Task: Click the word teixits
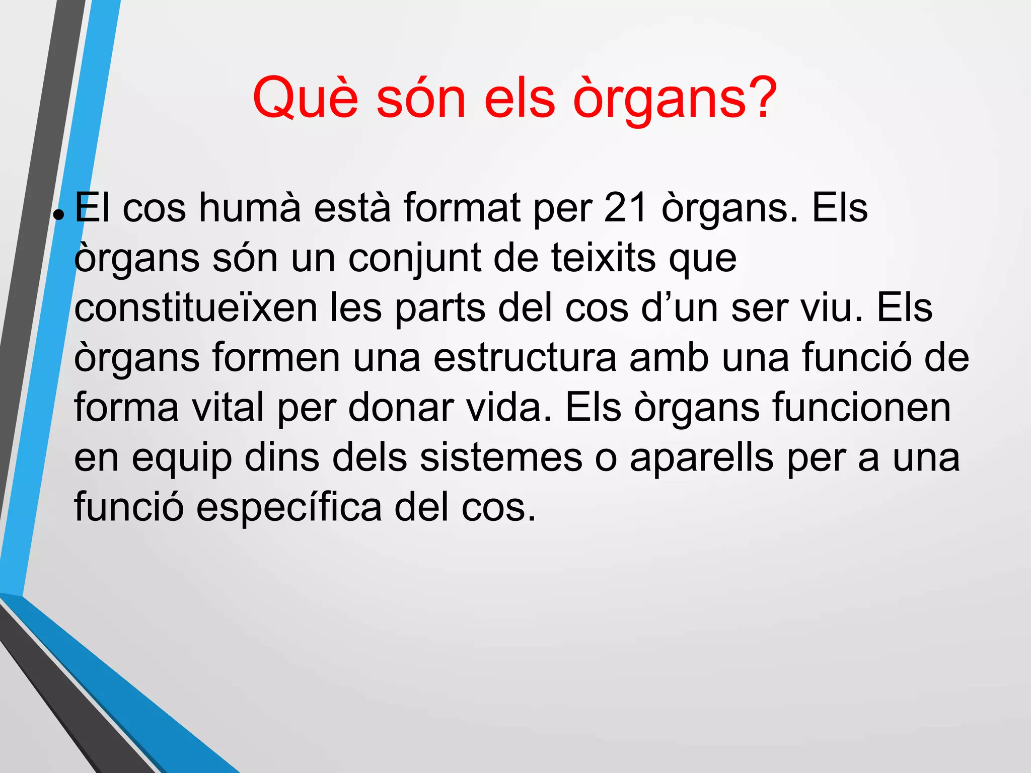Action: [x=603, y=258]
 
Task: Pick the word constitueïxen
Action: [x=196, y=308]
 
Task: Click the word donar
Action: [x=401, y=408]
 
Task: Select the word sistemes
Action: [x=500, y=457]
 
